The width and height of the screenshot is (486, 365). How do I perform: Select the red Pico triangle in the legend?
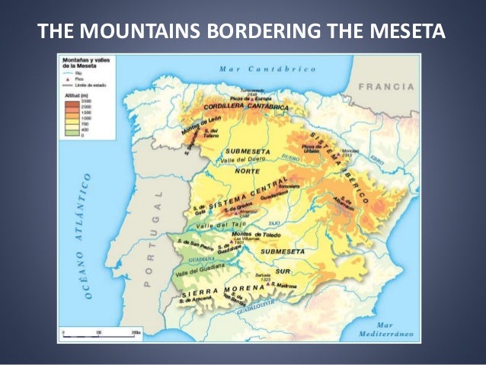[66, 80]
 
